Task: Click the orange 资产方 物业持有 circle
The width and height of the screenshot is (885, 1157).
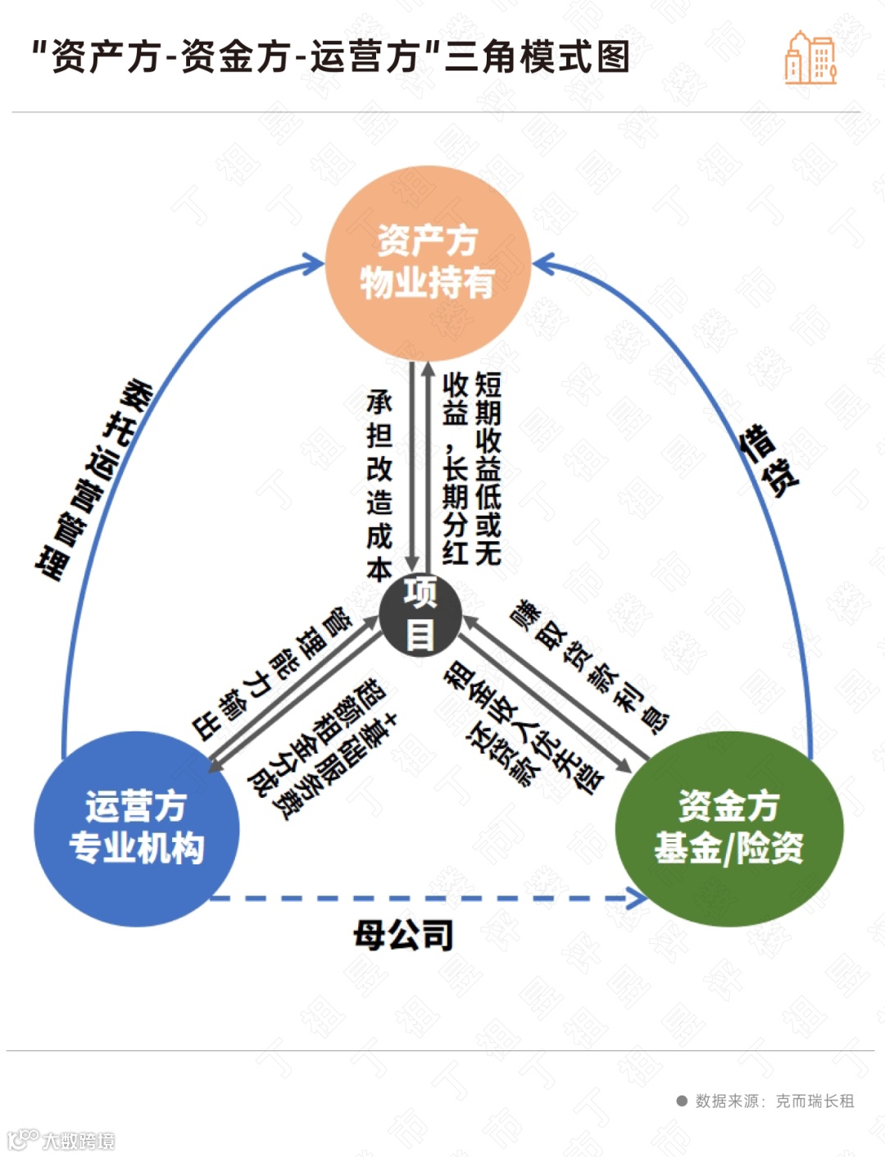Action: (x=427, y=262)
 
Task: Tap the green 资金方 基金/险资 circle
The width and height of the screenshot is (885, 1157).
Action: (x=728, y=828)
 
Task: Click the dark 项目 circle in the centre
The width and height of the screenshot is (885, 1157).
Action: (x=420, y=615)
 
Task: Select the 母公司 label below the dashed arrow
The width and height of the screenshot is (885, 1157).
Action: (x=403, y=935)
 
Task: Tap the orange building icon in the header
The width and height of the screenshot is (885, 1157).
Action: (x=810, y=58)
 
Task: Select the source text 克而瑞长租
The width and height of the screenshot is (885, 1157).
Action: (x=815, y=1101)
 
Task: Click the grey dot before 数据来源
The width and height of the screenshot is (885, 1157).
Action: (x=682, y=1101)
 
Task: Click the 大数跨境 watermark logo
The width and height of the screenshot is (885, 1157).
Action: (x=61, y=1140)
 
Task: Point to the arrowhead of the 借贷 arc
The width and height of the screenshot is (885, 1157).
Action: (x=543, y=264)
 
